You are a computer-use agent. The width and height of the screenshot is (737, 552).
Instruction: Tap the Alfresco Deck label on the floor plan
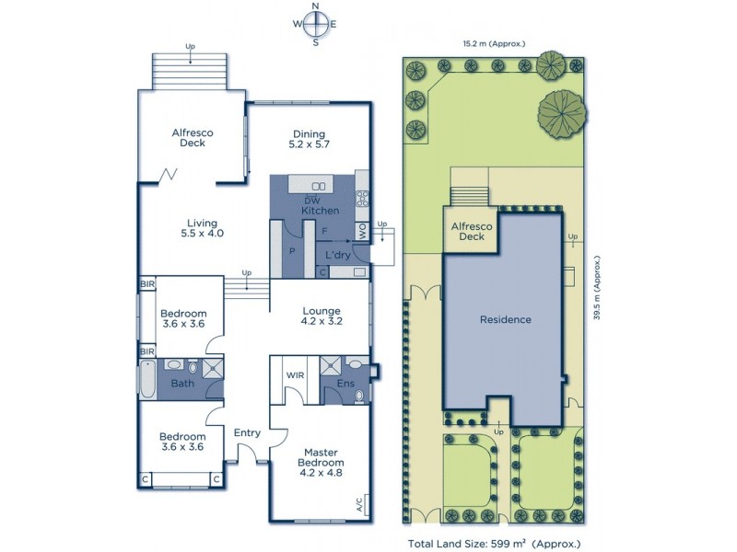[x=193, y=137]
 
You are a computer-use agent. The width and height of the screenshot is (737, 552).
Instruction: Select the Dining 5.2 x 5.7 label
[x=309, y=137]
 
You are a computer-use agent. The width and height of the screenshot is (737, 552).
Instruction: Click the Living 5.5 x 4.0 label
[x=202, y=227]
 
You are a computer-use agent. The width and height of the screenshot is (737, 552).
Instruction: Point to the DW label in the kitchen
[x=311, y=201]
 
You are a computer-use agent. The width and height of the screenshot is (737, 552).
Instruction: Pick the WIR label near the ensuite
[x=295, y=375]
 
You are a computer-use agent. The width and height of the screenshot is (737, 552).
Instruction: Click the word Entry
[x=247, y=432]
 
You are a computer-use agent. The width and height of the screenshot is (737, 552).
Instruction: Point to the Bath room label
[x=182, y=384]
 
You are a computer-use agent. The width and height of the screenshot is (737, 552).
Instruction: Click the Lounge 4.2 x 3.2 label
[x=321, y=316]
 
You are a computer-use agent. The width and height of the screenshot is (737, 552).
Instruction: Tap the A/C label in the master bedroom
[x=358, y=504]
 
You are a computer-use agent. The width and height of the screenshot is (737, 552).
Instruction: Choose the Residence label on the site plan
[x=505, y=319]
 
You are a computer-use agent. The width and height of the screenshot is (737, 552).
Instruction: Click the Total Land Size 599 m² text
[x=494, y=544]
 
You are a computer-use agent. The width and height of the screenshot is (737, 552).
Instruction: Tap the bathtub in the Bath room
[x=147, y=378]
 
